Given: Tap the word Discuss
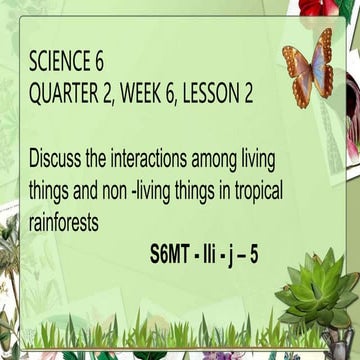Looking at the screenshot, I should [x=61, y=157].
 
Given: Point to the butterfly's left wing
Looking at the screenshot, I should [x=295, y=66].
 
